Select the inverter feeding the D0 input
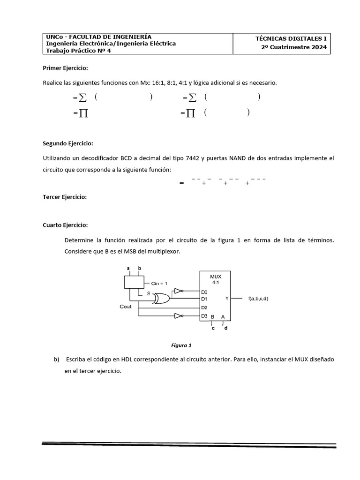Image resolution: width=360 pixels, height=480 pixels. (x=178, y=291)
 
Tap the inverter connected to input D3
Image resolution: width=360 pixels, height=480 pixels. (x=178, y=315)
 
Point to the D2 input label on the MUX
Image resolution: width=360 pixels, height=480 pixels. (x=204, y=307)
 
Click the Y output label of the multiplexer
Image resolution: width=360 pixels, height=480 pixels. (x=227, y=298)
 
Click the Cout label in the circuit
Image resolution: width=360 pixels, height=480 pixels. (x=126, y=307)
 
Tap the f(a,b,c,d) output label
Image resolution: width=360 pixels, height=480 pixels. (x=258, y=299)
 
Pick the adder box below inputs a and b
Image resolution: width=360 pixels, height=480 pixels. (x=134, y=282)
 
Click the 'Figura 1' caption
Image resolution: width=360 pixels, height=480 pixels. (x=181, y=345)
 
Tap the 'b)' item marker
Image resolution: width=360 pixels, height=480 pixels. (x=57, y=359)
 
